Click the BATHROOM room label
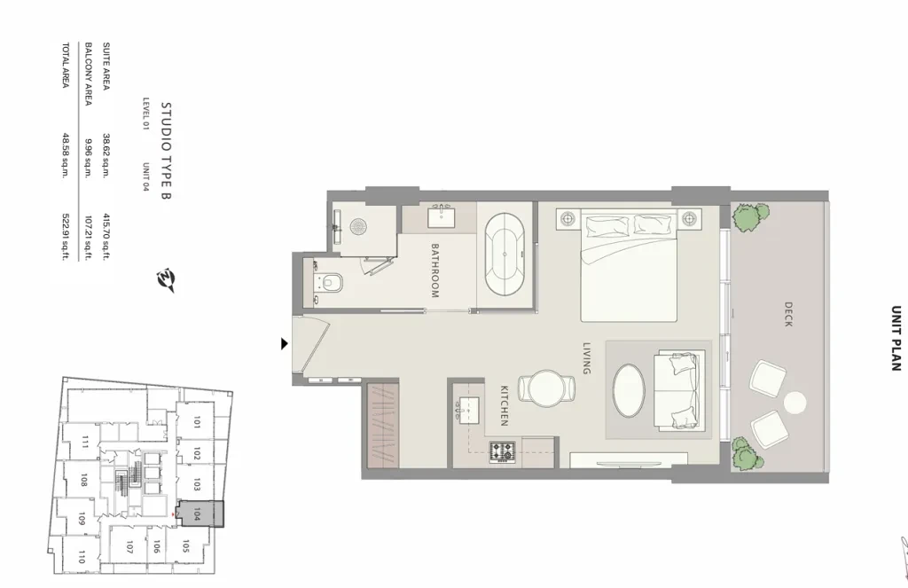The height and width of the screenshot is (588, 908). [434, 270]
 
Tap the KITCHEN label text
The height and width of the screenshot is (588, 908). [505, 405]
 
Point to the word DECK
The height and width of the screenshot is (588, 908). [788, 315]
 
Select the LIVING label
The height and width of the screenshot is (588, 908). [587, 358]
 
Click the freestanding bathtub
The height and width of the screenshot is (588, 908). [505, 255]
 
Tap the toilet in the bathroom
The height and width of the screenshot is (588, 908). [328, 283]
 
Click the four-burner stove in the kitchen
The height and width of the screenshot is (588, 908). [502, 451]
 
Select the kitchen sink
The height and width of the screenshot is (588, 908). [469, 409]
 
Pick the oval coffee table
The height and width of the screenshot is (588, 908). [629, 390]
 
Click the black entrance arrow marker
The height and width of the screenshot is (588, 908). [284, 343]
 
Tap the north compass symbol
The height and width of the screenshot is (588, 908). [166, 280]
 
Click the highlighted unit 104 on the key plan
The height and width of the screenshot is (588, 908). [200, 514]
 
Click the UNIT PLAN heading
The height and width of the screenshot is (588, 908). [896, 338]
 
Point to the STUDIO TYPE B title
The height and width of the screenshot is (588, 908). [166, 151]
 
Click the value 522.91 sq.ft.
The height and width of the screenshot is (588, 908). [66, 237]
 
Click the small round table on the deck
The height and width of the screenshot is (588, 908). [795, 403]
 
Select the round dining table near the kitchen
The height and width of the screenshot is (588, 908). [546, 388]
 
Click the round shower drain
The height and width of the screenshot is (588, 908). [359, 226]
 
